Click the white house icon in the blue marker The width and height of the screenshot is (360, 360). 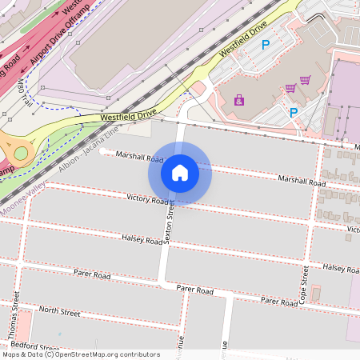click(x=180, y=171)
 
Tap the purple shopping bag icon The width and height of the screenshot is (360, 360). click(x=238, y=100)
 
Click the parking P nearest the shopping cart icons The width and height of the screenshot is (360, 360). click(x=294, y=113)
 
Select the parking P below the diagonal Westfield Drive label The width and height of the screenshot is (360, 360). click(x=266, y=46)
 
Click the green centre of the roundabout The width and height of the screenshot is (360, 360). click(x=21, y=153)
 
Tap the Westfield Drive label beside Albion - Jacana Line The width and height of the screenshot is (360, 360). click(x=129, y=116)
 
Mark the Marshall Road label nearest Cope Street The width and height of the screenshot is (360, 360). click(x=302, y=182)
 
